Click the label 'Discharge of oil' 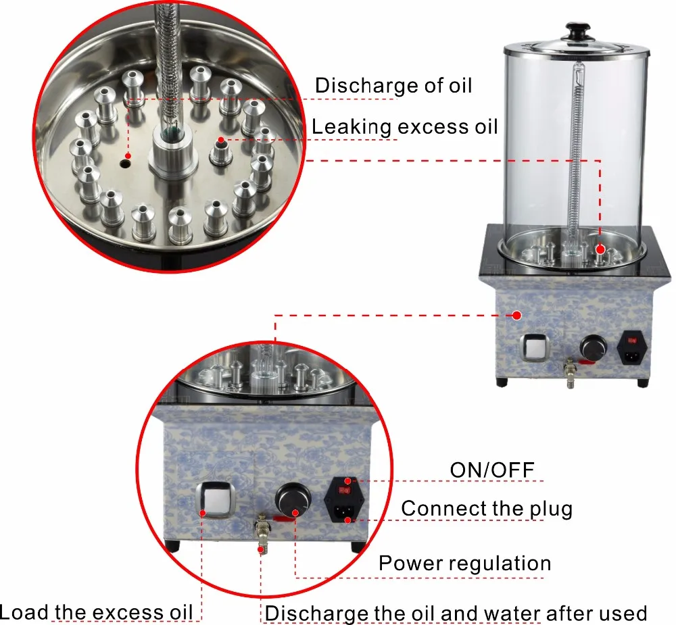[393, 85]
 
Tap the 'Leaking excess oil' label [404, 127]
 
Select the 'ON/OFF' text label [492, 470]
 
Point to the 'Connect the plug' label [487, 509]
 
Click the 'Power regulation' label [465, 563]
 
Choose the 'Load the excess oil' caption [96, 612]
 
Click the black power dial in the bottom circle [293, 501]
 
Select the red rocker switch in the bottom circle [345, 490]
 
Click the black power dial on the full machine [593, 347]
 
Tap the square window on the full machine [534, 348]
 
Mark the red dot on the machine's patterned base [517, 316]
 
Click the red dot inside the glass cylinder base [600, 249]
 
